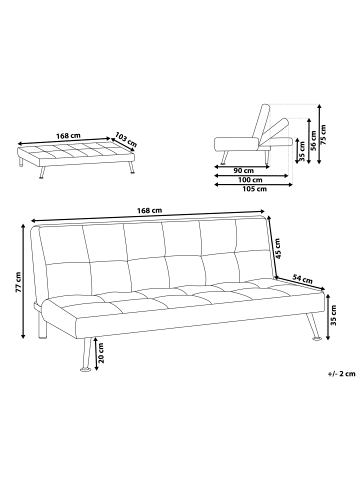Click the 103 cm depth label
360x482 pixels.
[x=125, y=137]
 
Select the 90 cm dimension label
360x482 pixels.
[x=240, y=170]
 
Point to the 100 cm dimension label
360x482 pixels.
[x=240, y=179]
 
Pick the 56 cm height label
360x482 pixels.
[x=314, y=139]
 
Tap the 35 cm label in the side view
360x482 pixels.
[x=301, y=156]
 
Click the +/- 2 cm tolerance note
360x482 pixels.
[x=340, y=373]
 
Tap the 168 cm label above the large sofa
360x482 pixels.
[x=149, y=211]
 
